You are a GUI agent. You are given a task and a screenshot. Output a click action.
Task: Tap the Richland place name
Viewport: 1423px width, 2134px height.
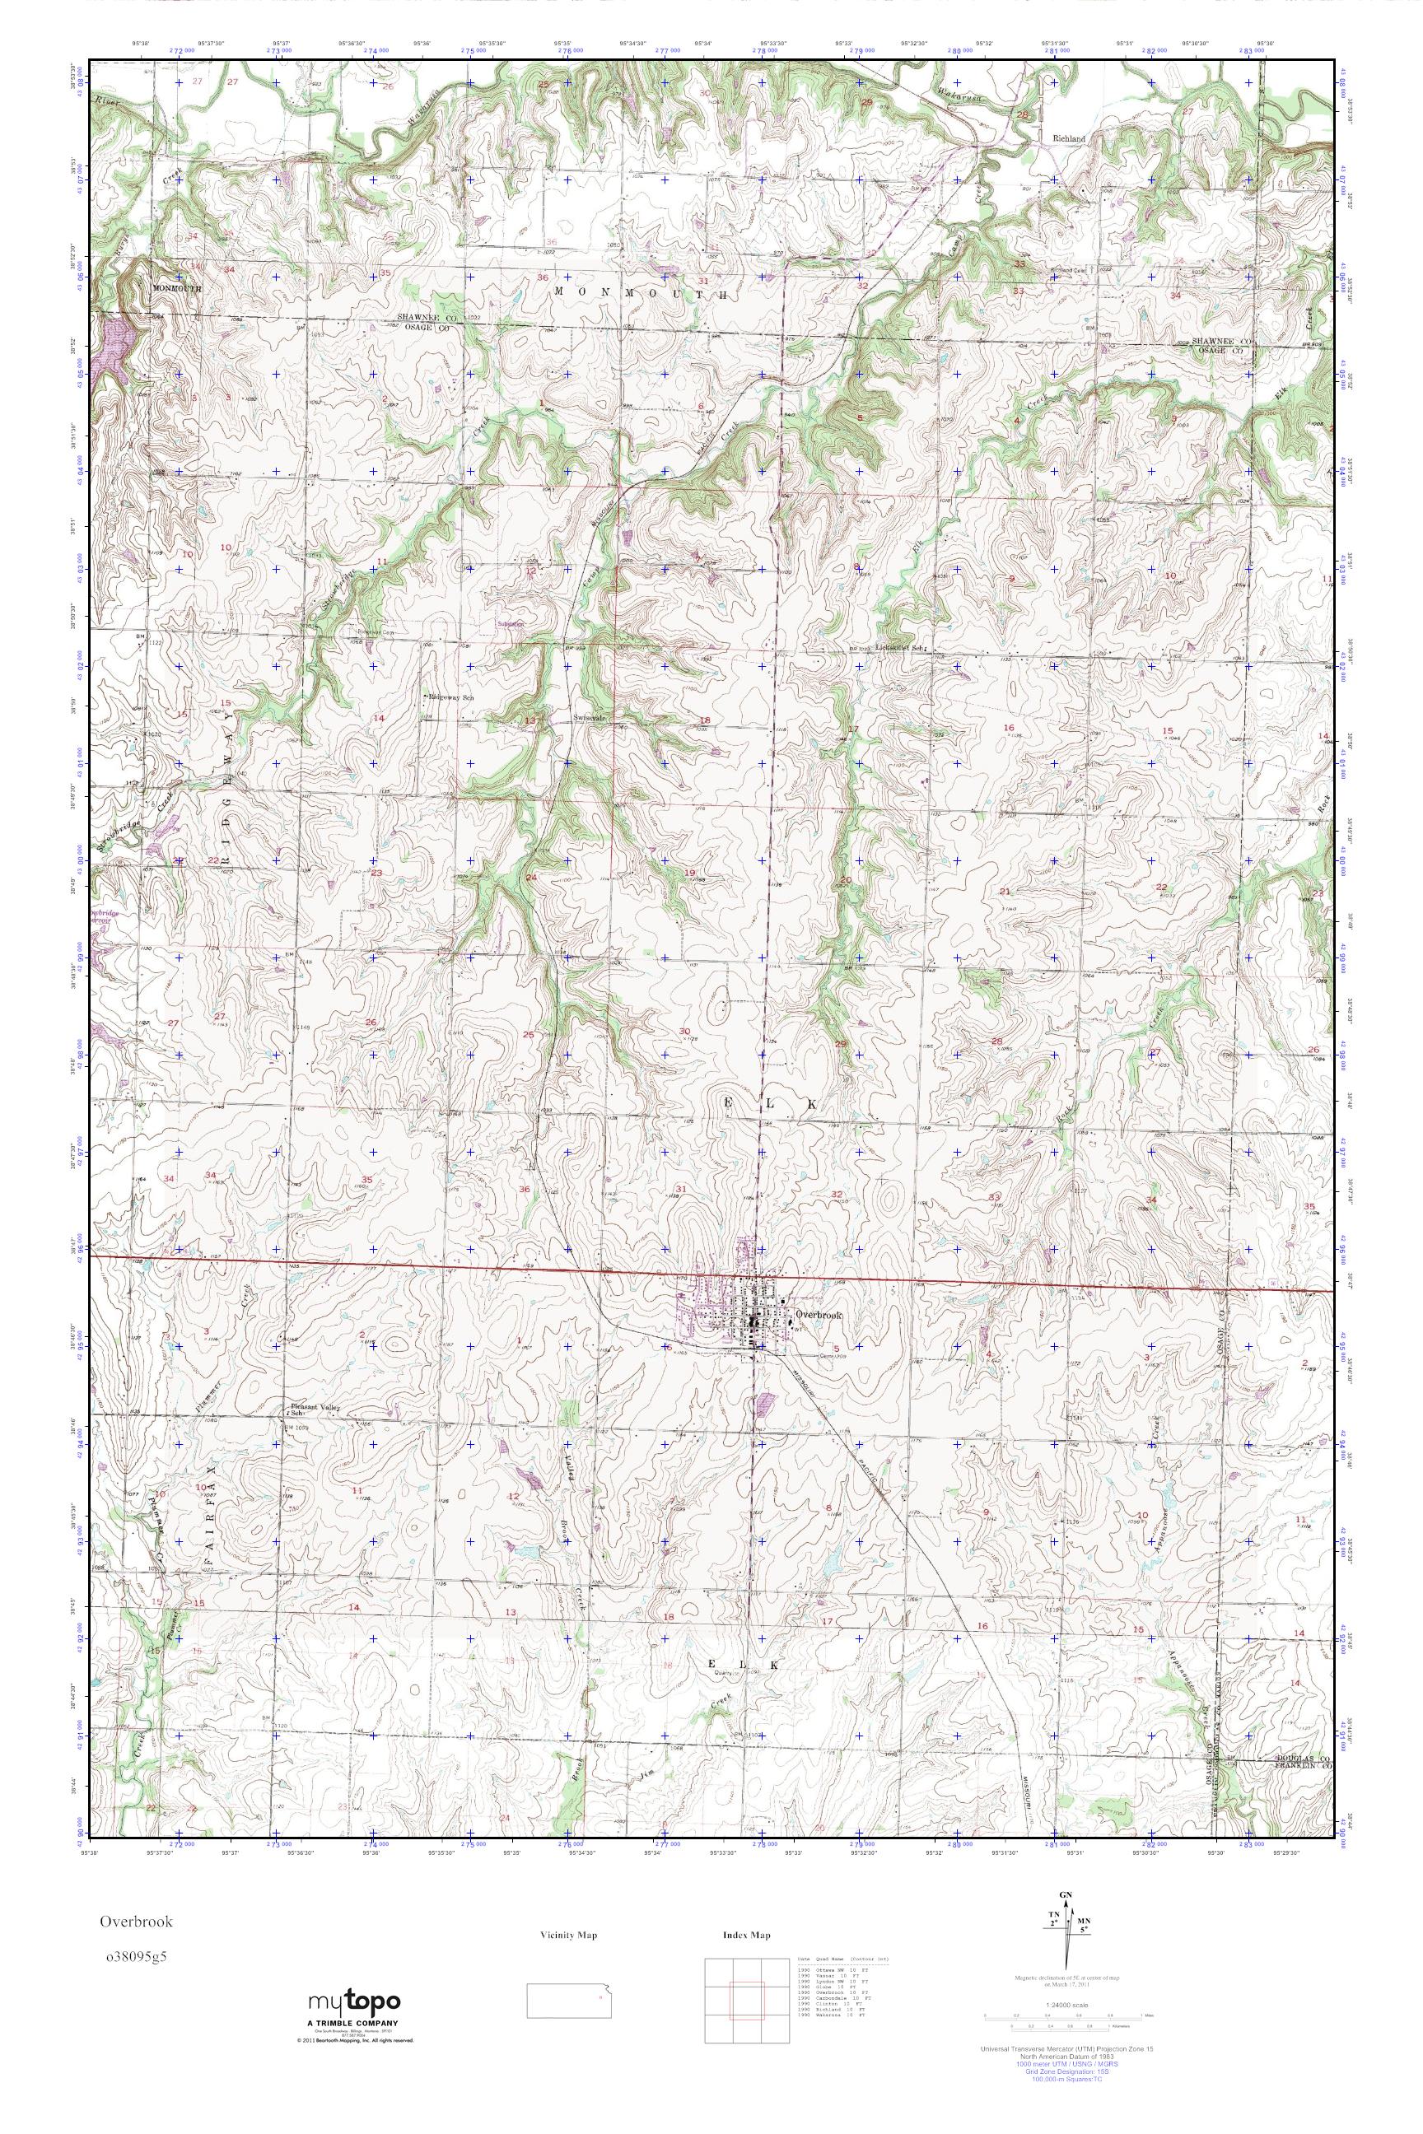tap(1068, 139)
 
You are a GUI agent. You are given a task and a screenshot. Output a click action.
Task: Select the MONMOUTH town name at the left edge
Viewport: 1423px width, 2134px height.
tap(176, 287)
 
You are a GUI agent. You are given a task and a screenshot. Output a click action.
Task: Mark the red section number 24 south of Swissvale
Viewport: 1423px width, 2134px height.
tap(532, 878)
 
